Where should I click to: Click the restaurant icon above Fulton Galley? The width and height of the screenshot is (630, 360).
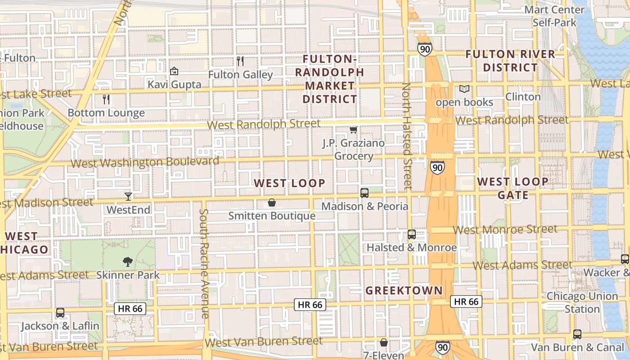pos(240,61)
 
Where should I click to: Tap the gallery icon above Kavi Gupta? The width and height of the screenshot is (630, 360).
pos(174,71)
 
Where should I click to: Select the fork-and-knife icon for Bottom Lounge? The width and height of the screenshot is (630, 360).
pos(106,99)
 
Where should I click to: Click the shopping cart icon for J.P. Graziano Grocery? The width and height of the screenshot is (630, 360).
pos(353,130)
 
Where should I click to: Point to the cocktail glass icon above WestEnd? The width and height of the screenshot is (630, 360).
pos(128,197)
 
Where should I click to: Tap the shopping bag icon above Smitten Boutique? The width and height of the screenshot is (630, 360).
pos(272,202)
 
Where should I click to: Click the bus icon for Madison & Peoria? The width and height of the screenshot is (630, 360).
pos(364,193)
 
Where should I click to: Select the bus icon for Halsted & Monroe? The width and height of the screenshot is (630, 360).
pos(412,234)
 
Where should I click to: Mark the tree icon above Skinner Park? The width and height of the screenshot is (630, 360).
pos(128,261)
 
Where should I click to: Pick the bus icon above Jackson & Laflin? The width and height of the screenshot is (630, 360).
pos(60,313)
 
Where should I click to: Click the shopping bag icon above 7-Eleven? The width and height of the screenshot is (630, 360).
pos(384,343)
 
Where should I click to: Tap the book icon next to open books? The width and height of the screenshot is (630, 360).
pos(464,89)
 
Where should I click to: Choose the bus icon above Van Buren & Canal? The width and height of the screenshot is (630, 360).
pos(577,334)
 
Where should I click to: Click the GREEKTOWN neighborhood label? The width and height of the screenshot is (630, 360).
pos(404,291)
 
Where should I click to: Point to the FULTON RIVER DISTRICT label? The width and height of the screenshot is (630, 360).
pos(510,61)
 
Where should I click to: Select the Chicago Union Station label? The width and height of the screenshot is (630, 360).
pos(582,302)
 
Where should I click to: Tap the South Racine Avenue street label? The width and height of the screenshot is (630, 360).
pos(204,264)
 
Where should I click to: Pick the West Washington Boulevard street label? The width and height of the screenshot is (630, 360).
pos(145,162)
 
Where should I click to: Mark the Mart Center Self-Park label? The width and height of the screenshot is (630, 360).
pos(554,16)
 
